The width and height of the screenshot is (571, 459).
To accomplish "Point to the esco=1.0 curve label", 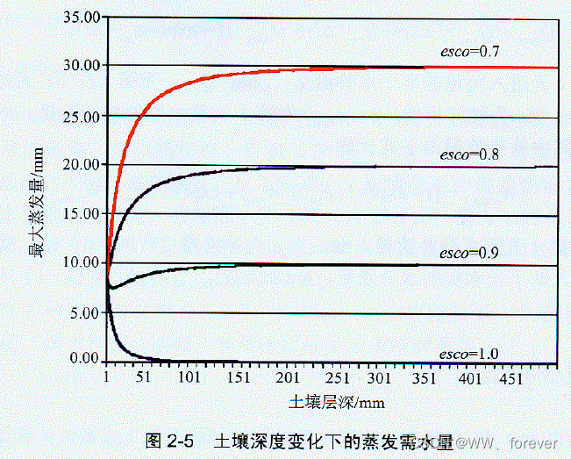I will pyautogui.click(x=469, y=354).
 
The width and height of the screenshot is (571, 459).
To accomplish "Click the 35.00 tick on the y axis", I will pyautogui.click(x=77, y=17).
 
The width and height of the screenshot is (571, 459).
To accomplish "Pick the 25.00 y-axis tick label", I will pyautogui.click(x=77, y=116).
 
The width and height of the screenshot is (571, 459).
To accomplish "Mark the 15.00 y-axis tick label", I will pyautogui.click(x=77, y=215).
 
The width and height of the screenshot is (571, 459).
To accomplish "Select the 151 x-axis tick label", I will pyautogui.click(x=234, y=379).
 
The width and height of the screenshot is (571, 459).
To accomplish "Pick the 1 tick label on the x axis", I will pyautogui.click(x=106, y=379).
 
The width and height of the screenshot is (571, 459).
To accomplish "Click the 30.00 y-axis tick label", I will pyautogui.click(x=77, y=66).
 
